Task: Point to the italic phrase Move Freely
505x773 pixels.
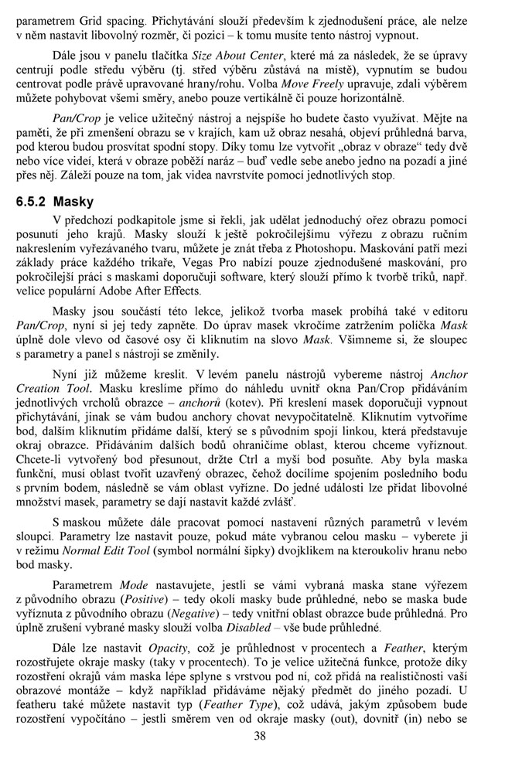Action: point(313,85)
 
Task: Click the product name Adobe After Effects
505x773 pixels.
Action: point(159,292)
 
